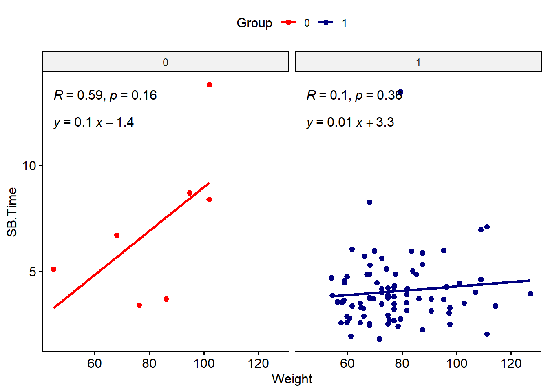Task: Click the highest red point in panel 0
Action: click(209, 85)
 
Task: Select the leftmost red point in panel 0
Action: click(53, 269)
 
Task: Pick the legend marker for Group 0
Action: click(288, 23)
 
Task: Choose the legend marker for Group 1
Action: click(326, 23)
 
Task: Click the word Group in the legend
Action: click(254, 23)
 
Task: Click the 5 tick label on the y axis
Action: click(33, 272)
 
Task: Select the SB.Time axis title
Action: click(12, 212)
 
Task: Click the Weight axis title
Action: click(292, 379)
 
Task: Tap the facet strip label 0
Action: click(165, 62)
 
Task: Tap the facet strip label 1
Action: click(418, 62)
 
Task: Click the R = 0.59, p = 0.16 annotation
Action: click(105, 96)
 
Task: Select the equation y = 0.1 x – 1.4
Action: click(94, 122)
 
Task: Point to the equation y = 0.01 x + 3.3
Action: click(350, 122)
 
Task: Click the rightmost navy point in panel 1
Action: click(530, 294)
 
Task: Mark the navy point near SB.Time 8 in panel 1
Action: click(369, 203)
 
